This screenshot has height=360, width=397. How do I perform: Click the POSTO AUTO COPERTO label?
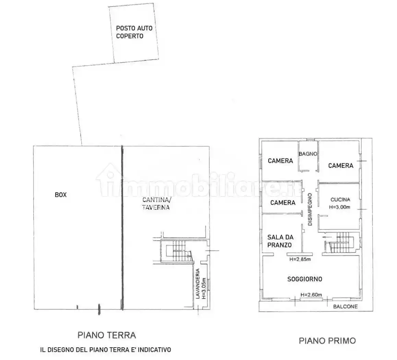(x=134, y=32)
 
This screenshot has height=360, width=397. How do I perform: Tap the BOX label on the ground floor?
(x=61, y=195)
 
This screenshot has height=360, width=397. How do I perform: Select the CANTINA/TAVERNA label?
(x=156, y=204)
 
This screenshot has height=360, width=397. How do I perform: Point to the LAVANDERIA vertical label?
(x=198, y=284)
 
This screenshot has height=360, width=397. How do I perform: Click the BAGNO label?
(x=308, y=154)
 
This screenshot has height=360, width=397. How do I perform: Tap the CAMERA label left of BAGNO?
(x=280, y=161)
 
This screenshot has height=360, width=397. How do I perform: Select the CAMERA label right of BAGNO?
(x=340, y=166)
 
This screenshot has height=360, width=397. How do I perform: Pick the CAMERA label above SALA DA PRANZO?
(x=283, y=203)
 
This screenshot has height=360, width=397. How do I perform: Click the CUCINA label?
(x=340, y=200)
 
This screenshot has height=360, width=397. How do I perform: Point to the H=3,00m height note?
(x=339, y=207)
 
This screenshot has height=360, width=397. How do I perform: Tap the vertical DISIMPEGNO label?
(x=310, y=209)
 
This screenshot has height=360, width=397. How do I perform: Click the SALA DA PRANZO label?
(x=280, y=241)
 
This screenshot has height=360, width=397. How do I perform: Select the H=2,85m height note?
(x=300, y=259)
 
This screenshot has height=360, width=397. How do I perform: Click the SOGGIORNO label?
(x=304, y=279)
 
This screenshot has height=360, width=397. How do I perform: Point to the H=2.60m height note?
(x=311, y=295)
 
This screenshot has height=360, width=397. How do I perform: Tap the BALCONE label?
(x=345, y=307)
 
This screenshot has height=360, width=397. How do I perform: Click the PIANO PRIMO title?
(x=327, y=341)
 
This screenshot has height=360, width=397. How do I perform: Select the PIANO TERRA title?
(x=107, y=335)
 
